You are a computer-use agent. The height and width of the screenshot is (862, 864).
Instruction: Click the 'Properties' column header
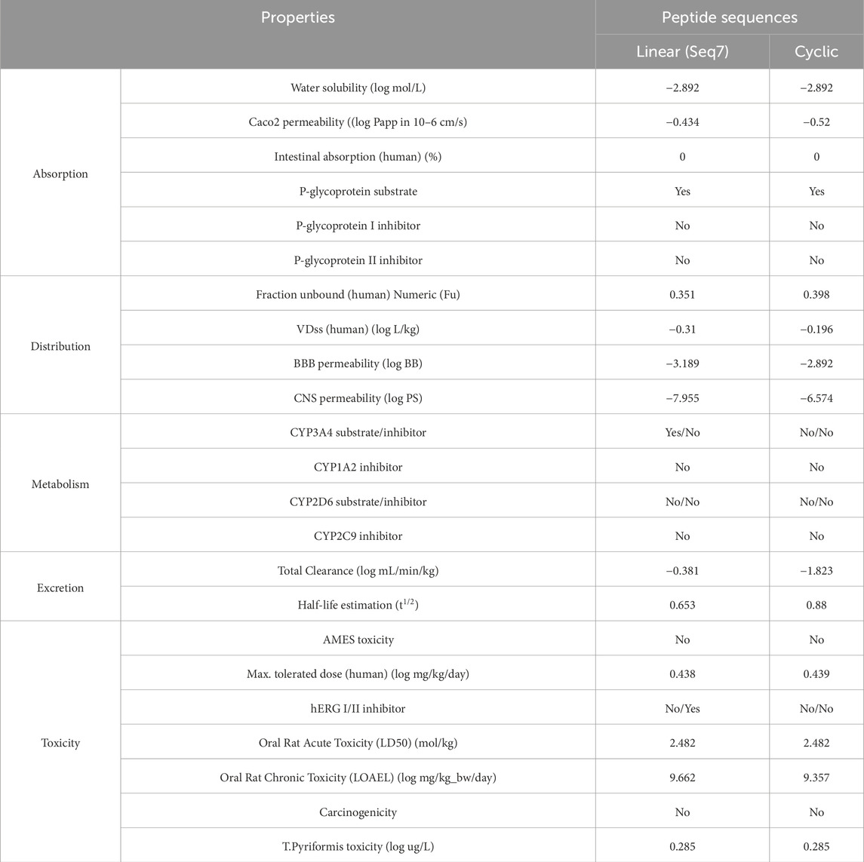[x=297, y=17]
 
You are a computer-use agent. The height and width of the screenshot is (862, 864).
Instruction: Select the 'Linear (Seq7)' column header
[x=682, y=51]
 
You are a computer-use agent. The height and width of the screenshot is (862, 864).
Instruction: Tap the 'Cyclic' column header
[x=816, y=51]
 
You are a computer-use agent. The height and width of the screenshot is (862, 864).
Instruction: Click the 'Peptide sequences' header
[x=729, y=17]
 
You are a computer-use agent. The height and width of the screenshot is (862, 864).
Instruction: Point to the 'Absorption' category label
[x=60, y=173]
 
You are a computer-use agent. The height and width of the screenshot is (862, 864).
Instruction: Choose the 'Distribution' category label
[x=60, y=346]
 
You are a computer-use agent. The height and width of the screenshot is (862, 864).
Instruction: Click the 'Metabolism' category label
[x=60, y=484]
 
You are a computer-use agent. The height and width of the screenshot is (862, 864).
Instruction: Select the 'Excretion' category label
[x=60, y=587]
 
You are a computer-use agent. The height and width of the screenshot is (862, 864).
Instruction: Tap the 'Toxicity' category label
[x=60, y=743]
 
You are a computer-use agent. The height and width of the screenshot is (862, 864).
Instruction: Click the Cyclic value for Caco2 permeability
[x=816, y=122]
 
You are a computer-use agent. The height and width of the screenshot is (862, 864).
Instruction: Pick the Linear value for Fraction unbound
[x=682, y=294]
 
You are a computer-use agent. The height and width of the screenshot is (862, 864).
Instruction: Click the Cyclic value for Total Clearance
[x=816, y=570]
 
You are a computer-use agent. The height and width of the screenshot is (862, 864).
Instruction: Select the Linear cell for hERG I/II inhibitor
[x=682, y=708]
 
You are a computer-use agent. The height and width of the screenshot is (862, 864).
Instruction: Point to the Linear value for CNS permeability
[x=682, y=397]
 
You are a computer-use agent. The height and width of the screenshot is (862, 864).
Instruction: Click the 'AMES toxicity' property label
[x=358, y=640]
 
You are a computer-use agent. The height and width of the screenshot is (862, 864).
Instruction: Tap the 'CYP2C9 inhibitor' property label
[x=358, y=536]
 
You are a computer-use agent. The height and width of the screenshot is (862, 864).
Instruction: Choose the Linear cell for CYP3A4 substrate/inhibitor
[x=682, y=432]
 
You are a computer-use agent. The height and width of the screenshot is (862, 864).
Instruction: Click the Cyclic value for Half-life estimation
[x=816, y=605]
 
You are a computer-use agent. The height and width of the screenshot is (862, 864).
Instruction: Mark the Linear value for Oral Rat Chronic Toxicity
[x=682, y=778]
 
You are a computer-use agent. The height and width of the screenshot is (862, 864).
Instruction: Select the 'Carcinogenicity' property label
[x=358, y=812]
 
